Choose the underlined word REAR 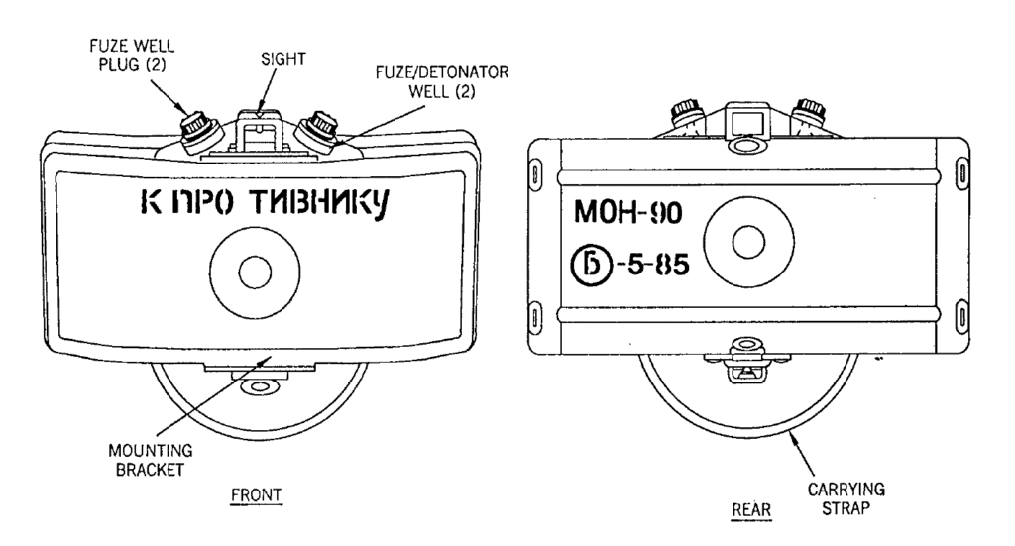click(x=744, y=507)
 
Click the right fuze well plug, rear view click(x=812, y=112)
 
